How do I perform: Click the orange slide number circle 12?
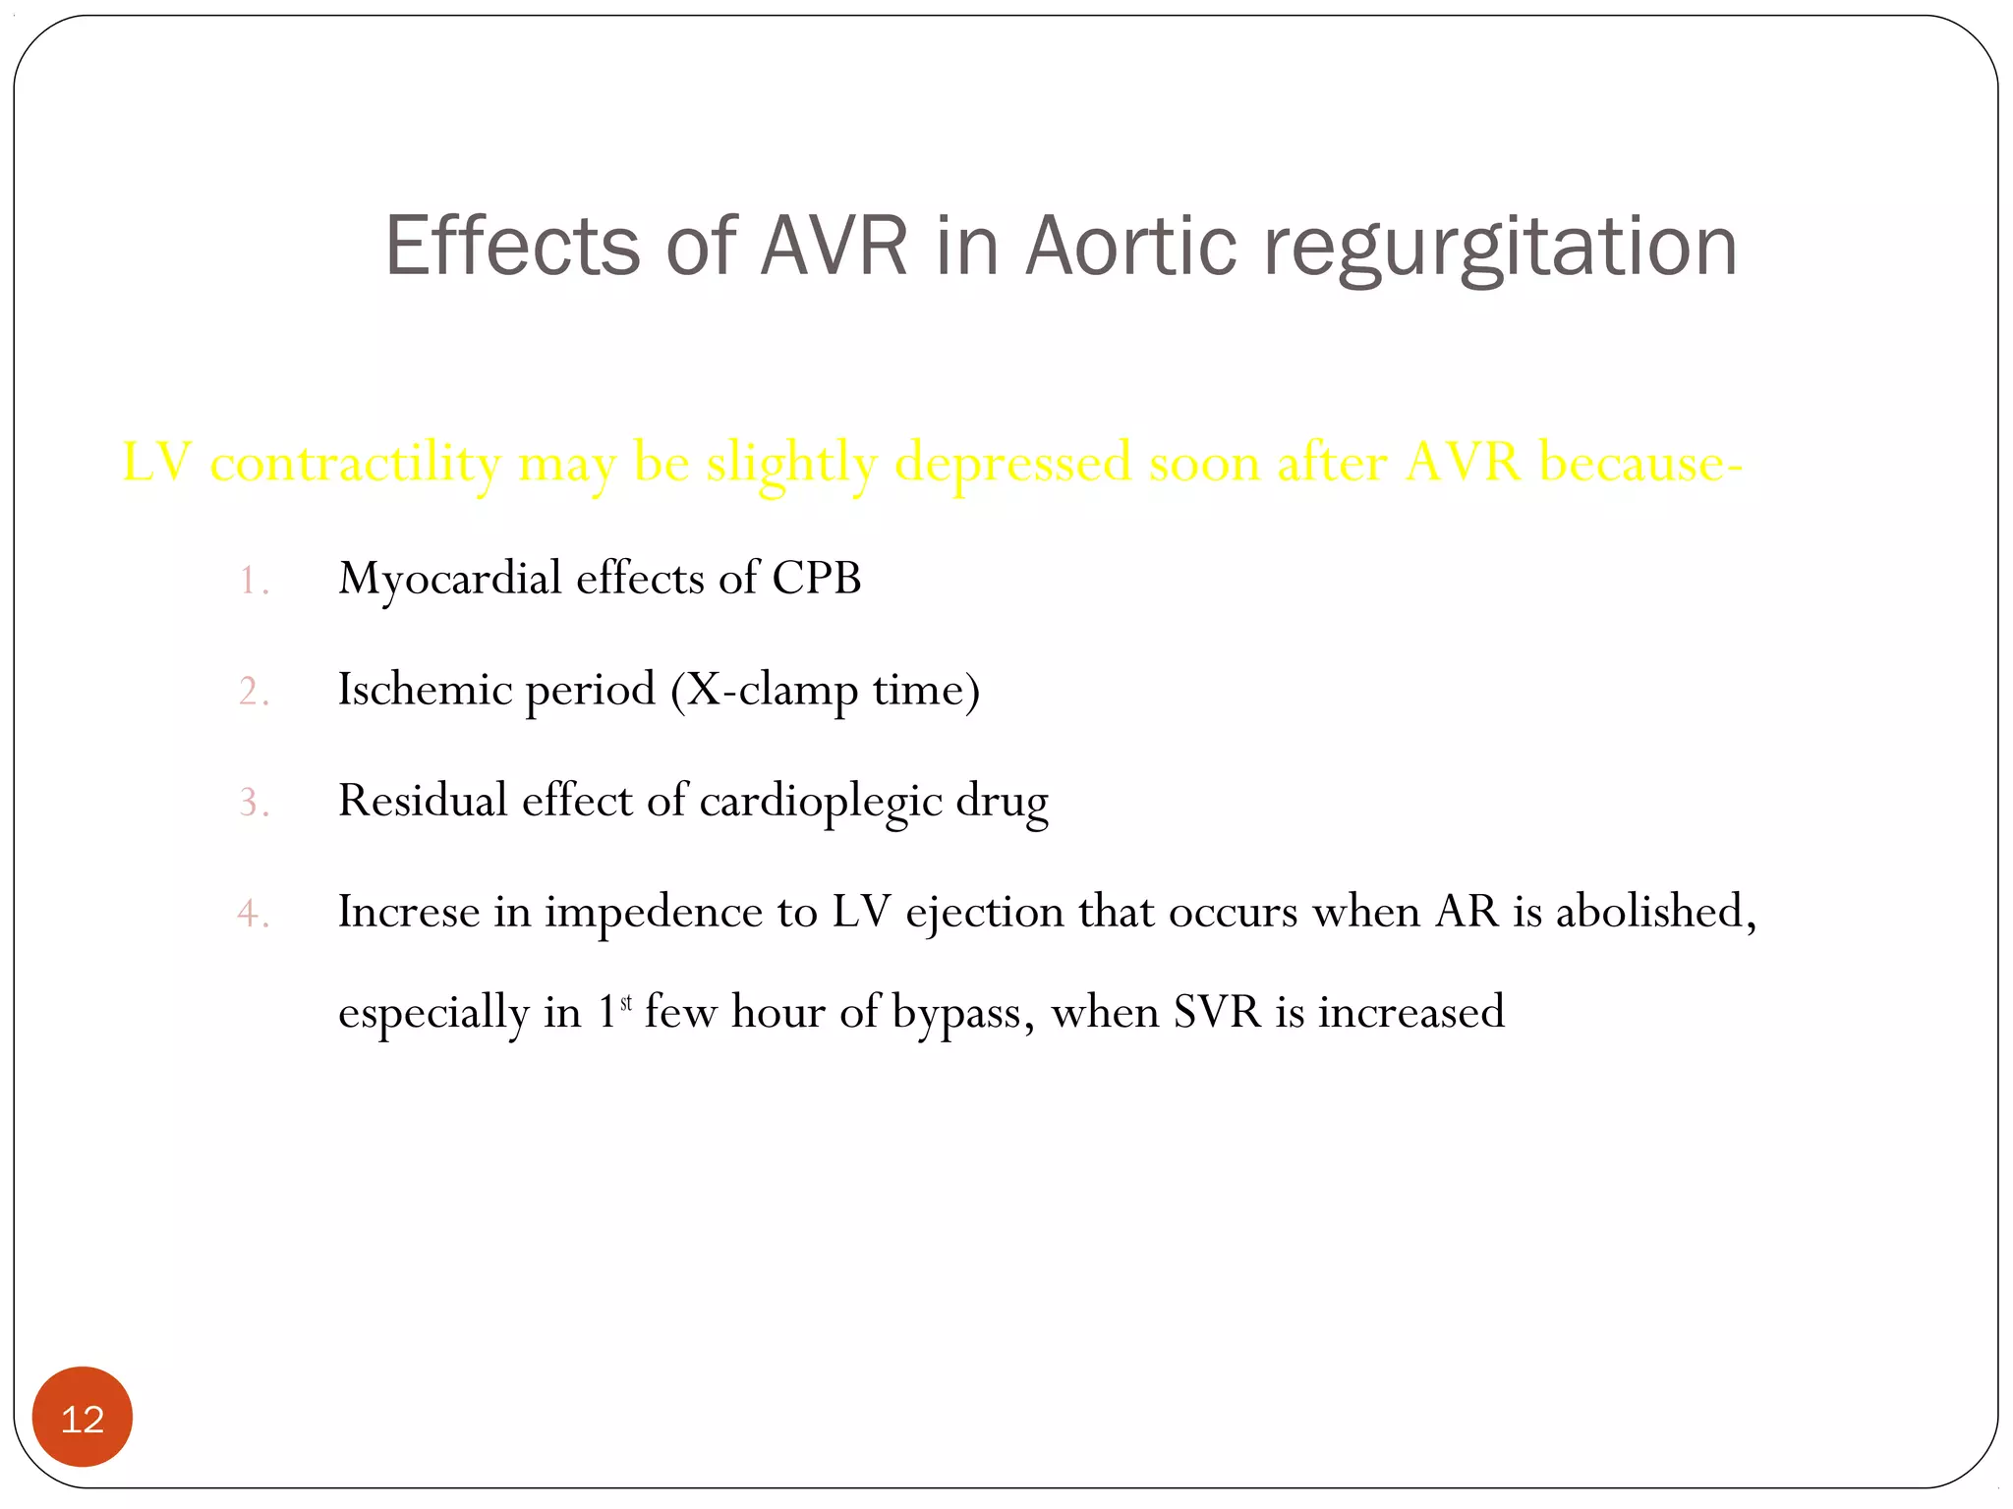83,1418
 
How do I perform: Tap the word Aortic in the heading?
1131,246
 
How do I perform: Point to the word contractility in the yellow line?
355,464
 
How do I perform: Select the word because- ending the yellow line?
1640,462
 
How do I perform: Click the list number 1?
253,581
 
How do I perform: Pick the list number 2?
253,692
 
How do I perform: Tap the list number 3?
253,803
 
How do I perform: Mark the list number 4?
253,914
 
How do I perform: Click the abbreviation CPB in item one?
816,578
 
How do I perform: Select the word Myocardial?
450,580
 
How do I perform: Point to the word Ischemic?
425,689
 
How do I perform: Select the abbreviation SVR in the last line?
1217,1012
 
